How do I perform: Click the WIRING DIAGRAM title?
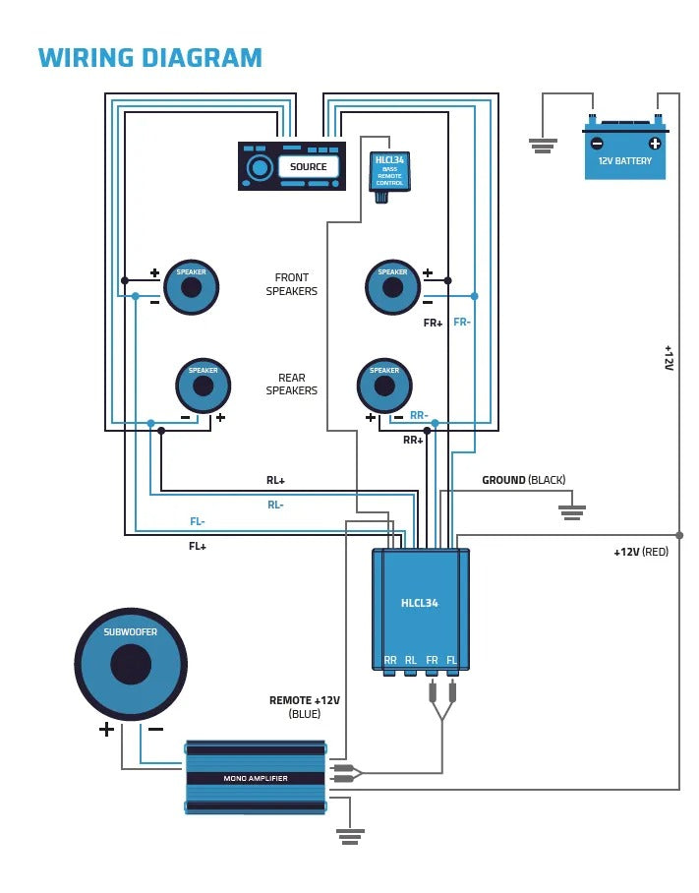[x=149, y=58]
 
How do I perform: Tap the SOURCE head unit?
[x=292, y=166]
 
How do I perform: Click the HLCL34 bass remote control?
[x=389, y=172]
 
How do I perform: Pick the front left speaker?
[x=191, y=287]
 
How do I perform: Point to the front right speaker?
[x=392, y=287]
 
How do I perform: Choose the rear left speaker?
[x=204, y=386]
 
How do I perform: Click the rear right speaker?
[x=384, y=386]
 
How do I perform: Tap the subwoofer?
[x=131, y=664]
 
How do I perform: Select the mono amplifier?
[x=256, y=777]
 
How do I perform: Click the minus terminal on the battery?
[x=597, y=143]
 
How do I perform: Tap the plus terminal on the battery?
[x=655, y=143]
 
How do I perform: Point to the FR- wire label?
[x=462, y=322]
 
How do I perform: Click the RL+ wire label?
[x=275, y=481]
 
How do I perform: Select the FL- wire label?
[x=198, y=521]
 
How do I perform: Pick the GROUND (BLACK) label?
[x=523, y=480]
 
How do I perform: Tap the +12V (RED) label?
[x=641, y=552]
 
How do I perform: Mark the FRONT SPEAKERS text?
[x=291, y=284]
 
